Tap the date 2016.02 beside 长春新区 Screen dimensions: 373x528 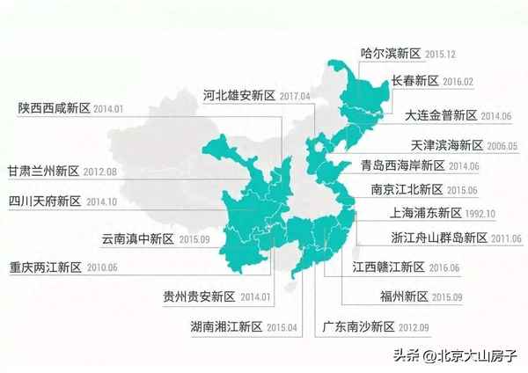click(x=458, y=81)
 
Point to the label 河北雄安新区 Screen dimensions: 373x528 click(x=239, y=95)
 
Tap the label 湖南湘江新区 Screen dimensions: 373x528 click(x=226, y=327)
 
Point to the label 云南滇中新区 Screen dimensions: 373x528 click(x=138, y=238)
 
